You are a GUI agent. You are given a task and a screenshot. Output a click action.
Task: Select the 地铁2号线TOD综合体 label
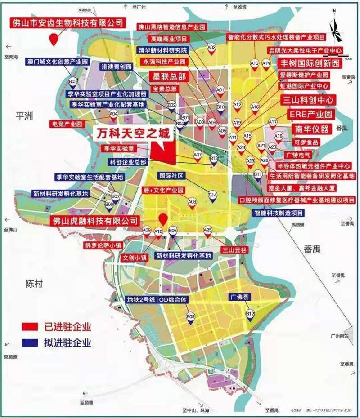point(162,299)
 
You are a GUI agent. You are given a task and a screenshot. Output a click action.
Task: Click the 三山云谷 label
point(233,249)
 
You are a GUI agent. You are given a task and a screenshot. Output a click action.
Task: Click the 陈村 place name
point(34,284)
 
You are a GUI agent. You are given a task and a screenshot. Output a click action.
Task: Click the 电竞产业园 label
point(68,123)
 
